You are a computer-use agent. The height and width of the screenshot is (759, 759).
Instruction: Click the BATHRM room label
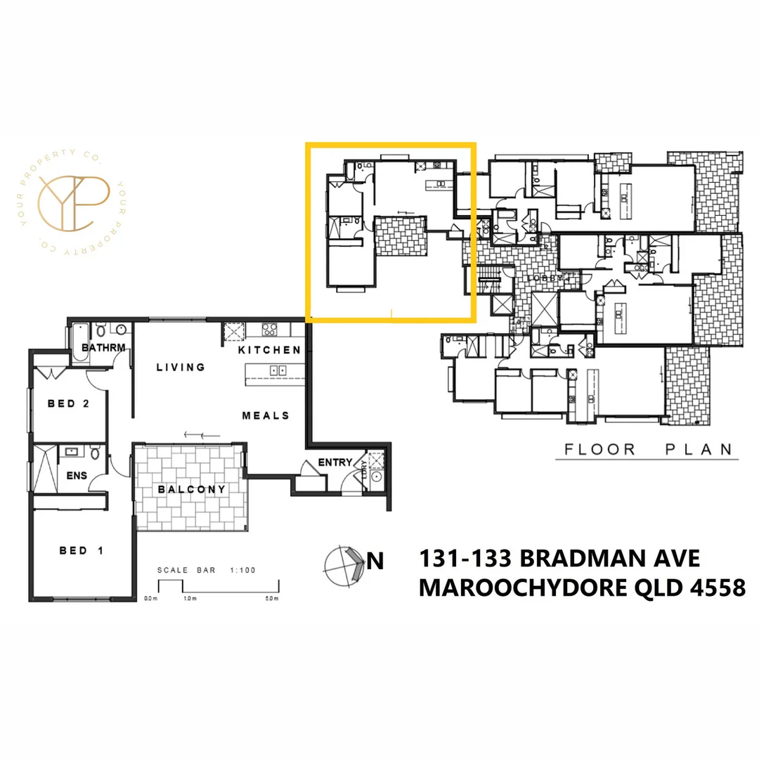(x=103, y=348)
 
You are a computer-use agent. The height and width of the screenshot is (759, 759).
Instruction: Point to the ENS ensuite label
(x=77, y=476)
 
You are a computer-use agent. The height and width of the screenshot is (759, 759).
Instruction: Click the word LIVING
(x=181, y=367)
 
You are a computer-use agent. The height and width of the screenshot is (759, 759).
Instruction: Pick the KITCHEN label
(x=269, y=350)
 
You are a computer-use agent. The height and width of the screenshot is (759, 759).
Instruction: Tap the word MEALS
(x=266, y=415)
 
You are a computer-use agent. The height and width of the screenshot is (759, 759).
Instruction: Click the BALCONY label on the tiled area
(x=191, y=489)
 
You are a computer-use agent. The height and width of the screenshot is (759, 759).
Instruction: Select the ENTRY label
(x=335, y=462)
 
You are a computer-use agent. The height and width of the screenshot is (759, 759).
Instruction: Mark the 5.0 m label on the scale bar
(x=272, y=599)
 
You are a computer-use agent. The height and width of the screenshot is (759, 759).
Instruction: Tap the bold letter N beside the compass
(x=377, y=562)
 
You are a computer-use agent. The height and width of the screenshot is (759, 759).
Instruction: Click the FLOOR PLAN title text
(x=647, y=449)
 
